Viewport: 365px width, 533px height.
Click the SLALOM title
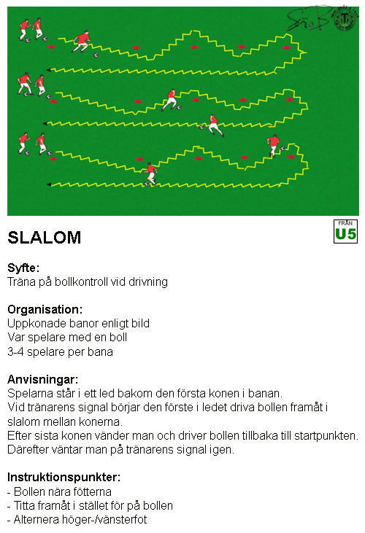(x=45, y=238)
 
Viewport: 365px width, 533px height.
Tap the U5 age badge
(x=345, y=231)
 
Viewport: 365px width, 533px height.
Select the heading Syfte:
(x=23, y=268)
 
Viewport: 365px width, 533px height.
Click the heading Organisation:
(x=45, y=309)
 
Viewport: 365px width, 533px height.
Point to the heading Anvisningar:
(x=43, y=379)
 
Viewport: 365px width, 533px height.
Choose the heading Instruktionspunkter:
(x=64, y=478)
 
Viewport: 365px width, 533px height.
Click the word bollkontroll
(x=81, y=282)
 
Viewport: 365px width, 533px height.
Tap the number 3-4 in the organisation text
(x=15, y=351)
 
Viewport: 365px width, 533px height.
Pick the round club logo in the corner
(x=345, y=19)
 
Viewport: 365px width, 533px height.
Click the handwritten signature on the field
(x=309, y=19)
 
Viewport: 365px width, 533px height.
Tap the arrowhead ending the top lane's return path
(x=49, y=70)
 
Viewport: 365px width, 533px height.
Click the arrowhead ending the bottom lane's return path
(x=49, y=184)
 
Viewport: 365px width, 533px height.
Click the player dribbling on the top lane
(x=82, y=42)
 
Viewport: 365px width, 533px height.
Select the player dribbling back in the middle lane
(x=215, y=125)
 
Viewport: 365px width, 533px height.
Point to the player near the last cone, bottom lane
(x=273, y=145)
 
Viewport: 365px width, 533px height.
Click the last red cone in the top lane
(x=286, y=47)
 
